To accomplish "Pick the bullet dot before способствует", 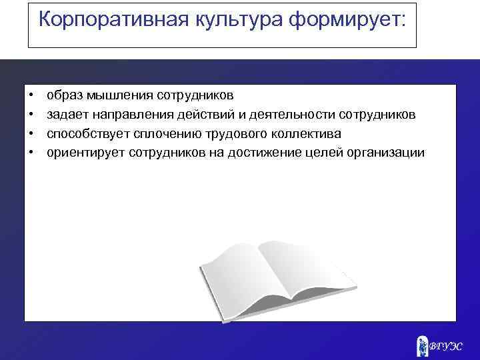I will [31, 134].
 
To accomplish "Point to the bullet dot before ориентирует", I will [31, 153].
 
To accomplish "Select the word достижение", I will [257, 153].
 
